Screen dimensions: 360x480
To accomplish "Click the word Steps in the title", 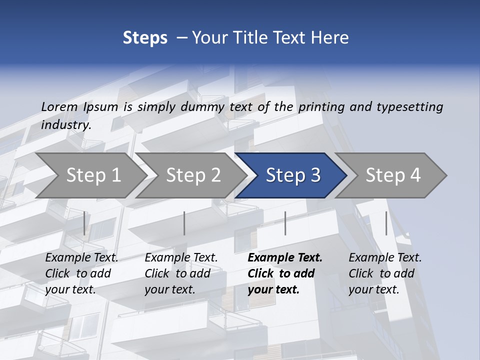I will (145, 38).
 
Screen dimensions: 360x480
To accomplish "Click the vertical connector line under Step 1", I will (84, 223).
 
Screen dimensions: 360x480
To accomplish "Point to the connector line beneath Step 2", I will (184, 223).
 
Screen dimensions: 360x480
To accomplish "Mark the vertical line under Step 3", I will (285, 223).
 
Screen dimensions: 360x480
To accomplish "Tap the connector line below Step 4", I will (386, 223).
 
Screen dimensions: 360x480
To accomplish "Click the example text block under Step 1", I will (81, 273).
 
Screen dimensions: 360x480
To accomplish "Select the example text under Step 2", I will (181, 273).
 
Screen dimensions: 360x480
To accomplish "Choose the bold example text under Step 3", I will (285, 273).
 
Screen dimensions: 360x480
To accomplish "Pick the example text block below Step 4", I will (385, 273).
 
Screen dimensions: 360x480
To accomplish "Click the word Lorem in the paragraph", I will (59, 106).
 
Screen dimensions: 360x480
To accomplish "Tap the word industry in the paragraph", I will (66, 124).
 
